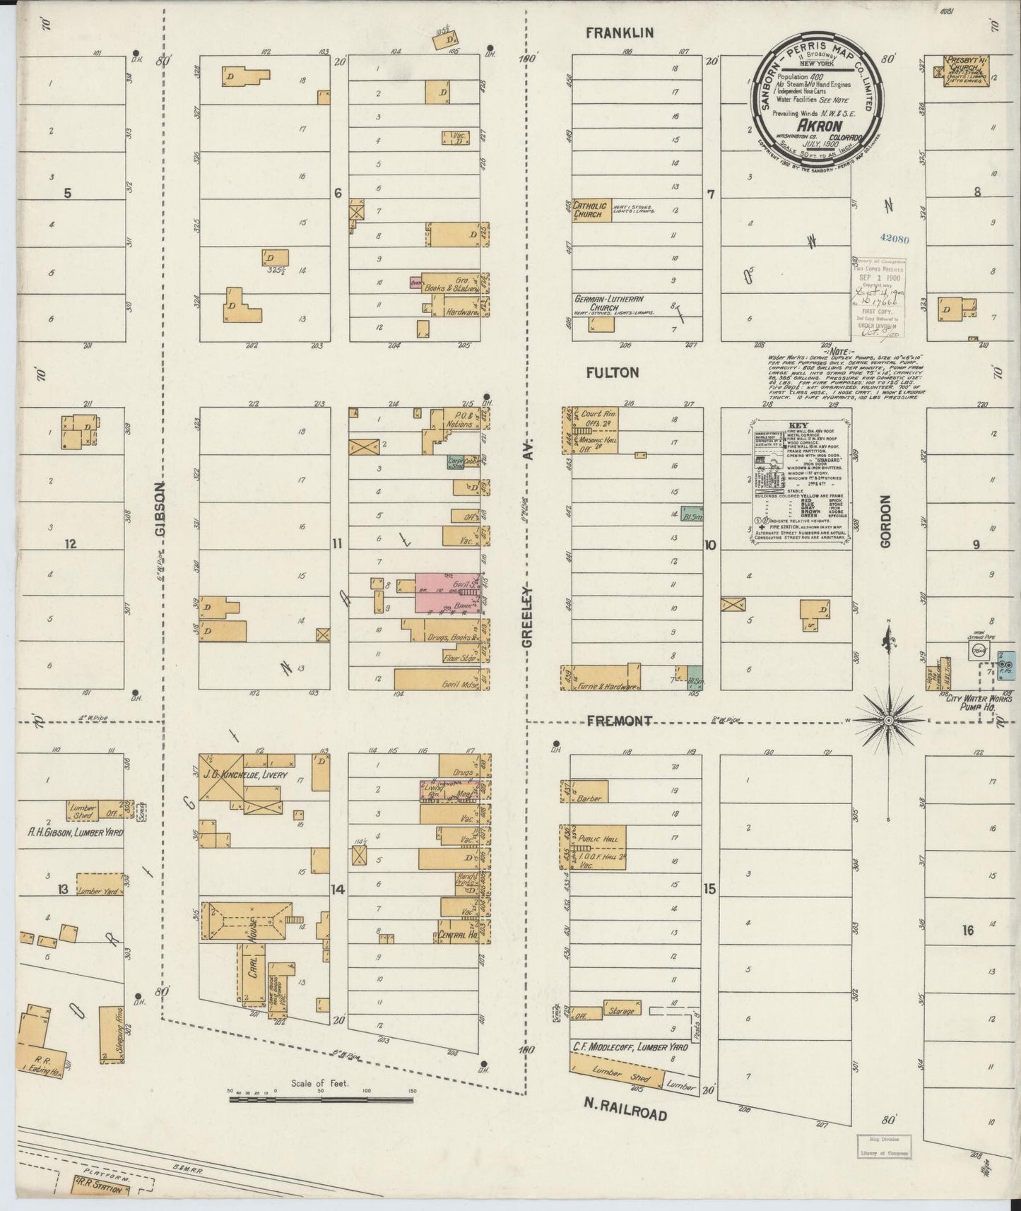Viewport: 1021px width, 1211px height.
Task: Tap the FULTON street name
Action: (x=612, y=372)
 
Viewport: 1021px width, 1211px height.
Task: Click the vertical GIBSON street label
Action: (x=160, y=510)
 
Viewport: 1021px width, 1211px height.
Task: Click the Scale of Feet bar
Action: (x=321, y=1118)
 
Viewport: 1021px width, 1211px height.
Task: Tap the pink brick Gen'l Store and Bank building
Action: (x=447, y=592)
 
